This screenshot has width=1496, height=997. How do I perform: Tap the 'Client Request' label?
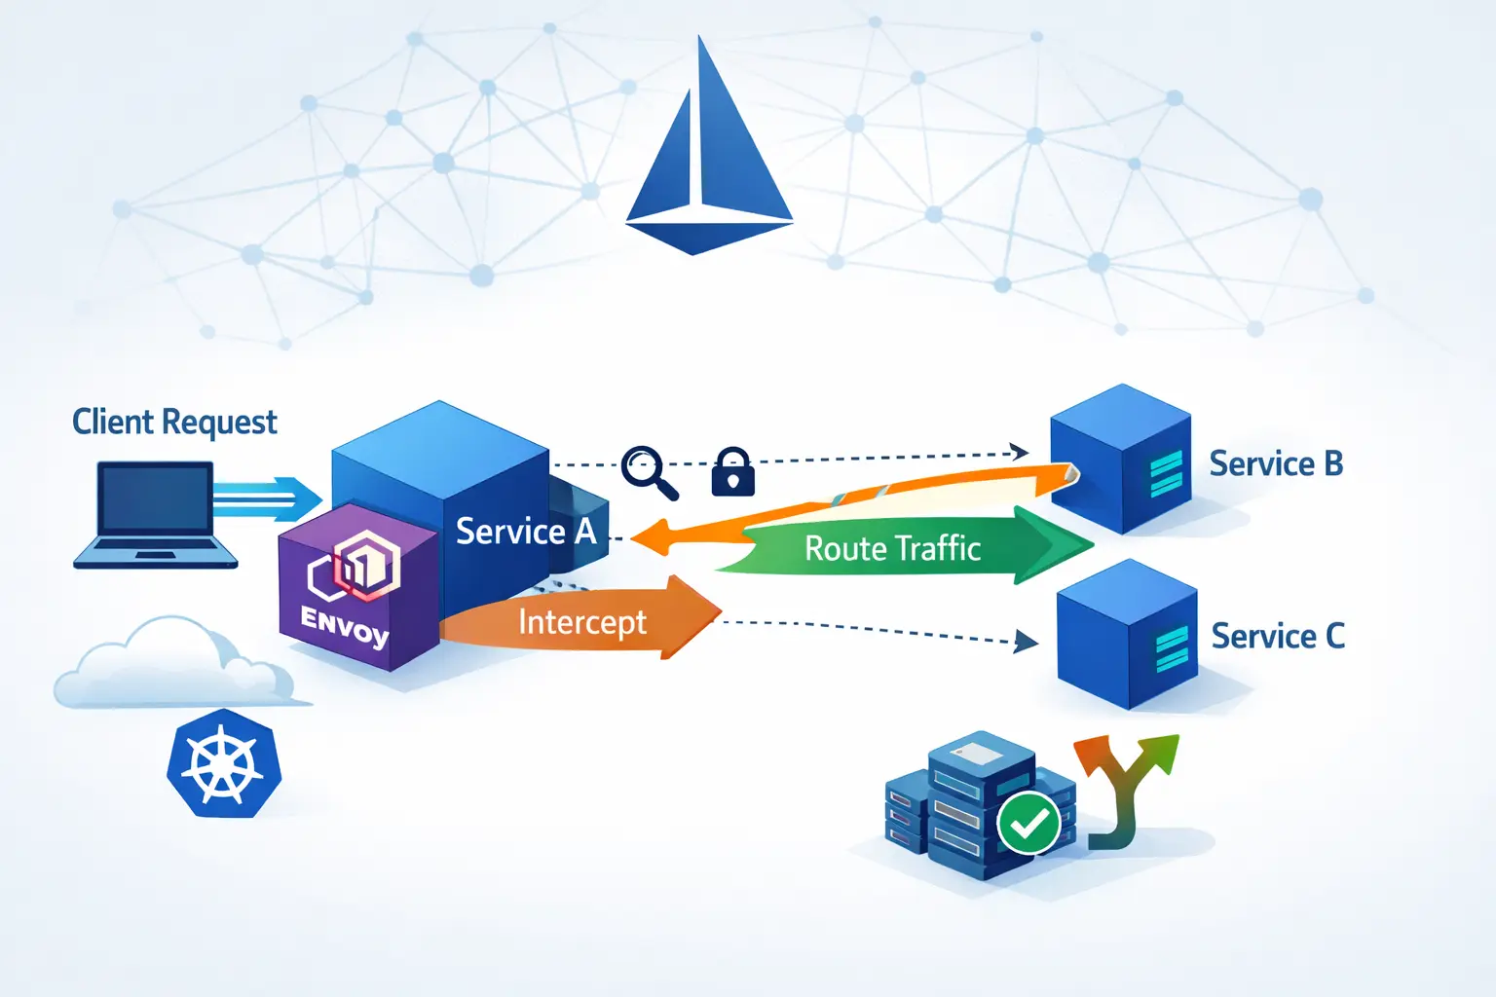point(174,423)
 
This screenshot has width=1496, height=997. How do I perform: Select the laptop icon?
point(155,515)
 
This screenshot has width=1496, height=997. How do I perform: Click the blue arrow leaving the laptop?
point(269,499)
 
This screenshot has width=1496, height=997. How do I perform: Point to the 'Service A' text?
point(525,532)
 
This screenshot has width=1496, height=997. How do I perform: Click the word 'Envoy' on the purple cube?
point(345,626)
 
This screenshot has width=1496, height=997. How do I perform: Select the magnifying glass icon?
point(649,471)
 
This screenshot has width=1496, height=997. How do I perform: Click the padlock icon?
point(732,472)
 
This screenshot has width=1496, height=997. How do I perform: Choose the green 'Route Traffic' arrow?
point(906,547)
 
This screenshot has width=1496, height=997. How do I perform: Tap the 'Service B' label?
point(1276,464)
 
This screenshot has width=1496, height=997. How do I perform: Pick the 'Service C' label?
point(1278,637)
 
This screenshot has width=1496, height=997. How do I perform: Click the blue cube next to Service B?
point(1121,459)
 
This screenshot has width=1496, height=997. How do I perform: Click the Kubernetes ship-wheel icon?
point(224,763)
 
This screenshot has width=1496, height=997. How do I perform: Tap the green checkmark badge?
point(1028,824)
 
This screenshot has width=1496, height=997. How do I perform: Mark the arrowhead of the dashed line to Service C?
point(1026,641)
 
